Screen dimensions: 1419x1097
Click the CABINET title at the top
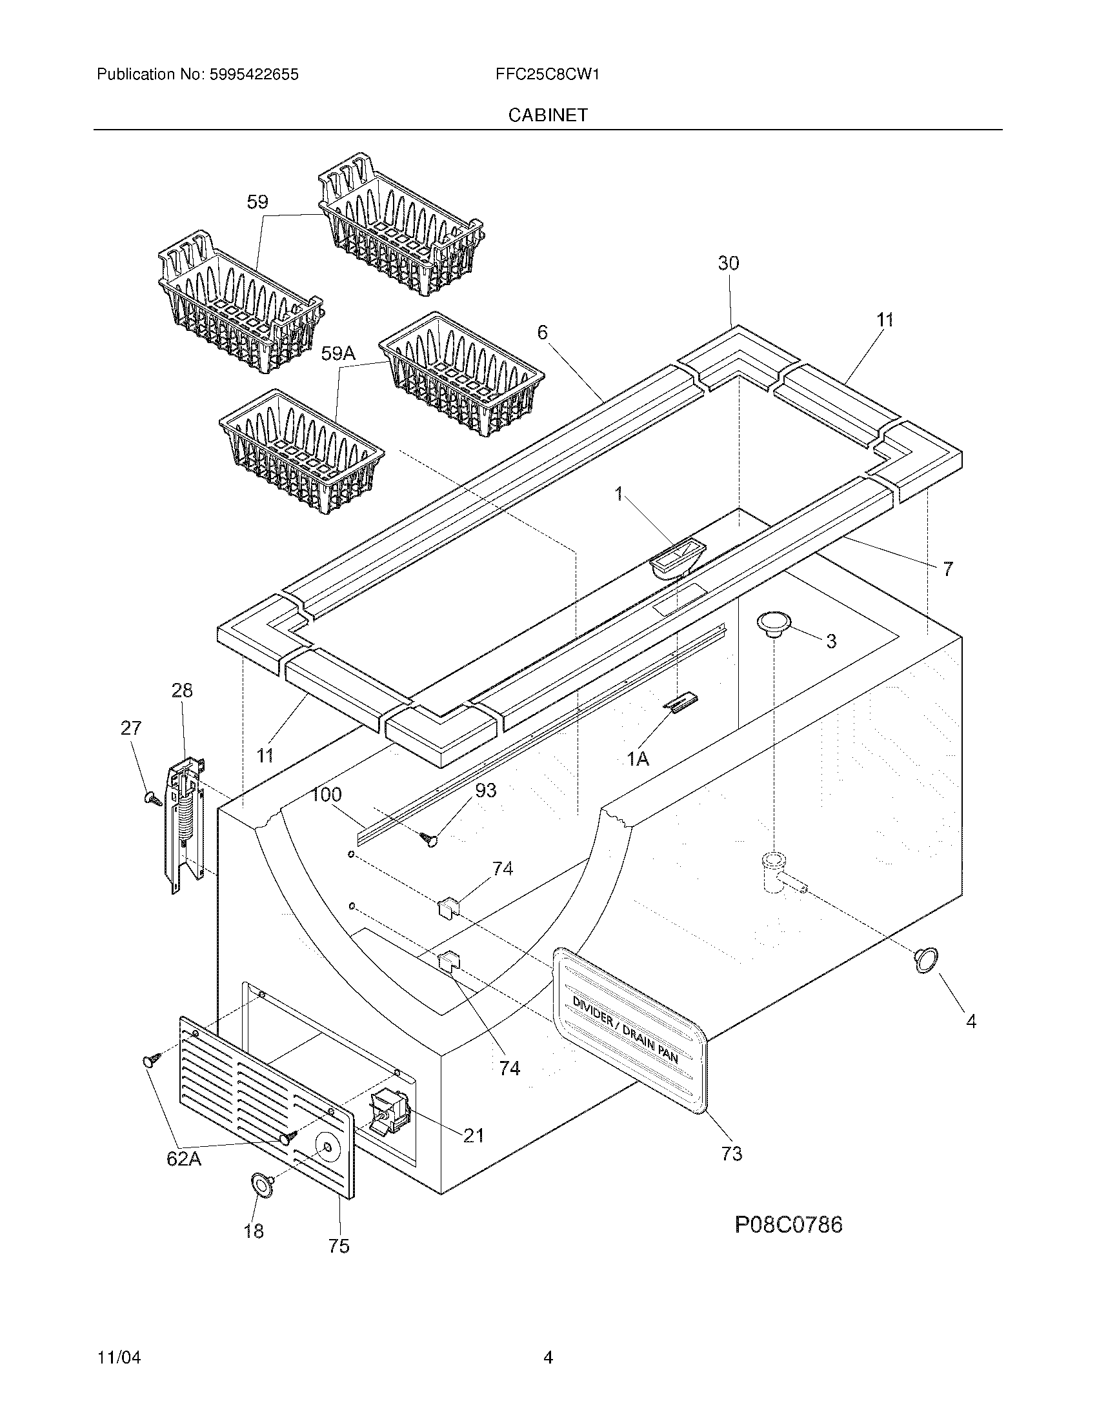pyautogui.click(x=548, y=115)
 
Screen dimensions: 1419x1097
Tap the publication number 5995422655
pyautogui.click(x=254, y=75)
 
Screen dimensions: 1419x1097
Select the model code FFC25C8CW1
pyautogui.click(x=547, y=75)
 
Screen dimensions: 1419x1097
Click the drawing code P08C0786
pyautogui.click(x=789, y=1225)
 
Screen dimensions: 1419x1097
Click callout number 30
pyautogui.click(x=729, y=263)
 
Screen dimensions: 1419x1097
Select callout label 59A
pyautogui.click(x=339, y=353)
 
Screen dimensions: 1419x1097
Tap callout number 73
pyautogui.click(x=731, y=1154)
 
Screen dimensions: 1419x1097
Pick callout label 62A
pyautogui.click(x=184, y=1158)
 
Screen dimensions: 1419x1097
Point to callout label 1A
pyautogui.click(x=638, y=759)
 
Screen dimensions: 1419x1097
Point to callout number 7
pyautogui.click(x=948, y=569)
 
